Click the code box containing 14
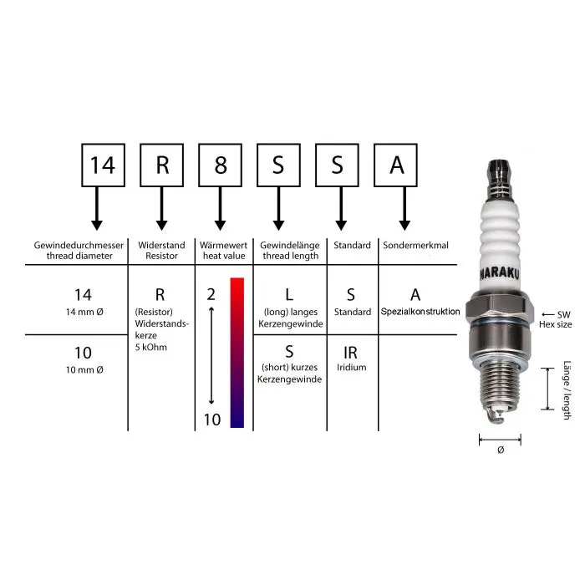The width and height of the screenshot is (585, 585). tap(103, 165)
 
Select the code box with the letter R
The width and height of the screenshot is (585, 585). tap(161, 165)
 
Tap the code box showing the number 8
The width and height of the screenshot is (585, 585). tap(220, 165)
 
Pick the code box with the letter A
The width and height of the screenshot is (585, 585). tap(395, 165)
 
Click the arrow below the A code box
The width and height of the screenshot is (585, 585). tap(404, 209)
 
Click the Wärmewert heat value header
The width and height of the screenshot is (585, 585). tap(223, 251)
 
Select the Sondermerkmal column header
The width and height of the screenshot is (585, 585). tap(415, 245)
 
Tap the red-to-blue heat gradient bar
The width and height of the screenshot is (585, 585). tap(237, 353)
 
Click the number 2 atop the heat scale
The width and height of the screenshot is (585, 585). tap(211, 295)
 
